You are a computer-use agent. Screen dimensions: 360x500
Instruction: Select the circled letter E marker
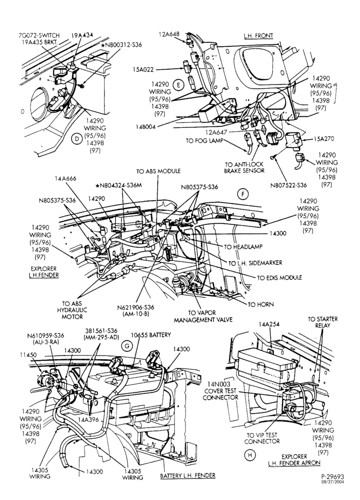tap(178, 85)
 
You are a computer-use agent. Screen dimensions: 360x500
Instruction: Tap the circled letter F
tap(243, 194)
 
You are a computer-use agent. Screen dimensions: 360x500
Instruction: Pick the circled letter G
tap(127, 346)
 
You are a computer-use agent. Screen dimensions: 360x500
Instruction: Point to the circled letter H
tap(249, 455)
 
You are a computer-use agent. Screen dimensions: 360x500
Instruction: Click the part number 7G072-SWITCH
tap(39, 35)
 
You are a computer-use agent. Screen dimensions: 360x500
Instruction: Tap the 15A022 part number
tap(143, 69)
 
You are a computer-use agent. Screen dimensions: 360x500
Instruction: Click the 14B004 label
tap(145, 126)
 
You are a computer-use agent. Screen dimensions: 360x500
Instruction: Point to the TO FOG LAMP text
tap(204, 140)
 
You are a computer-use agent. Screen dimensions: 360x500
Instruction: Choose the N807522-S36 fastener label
tap(288, 185)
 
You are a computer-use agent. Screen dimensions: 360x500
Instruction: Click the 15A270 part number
tap(323, 139)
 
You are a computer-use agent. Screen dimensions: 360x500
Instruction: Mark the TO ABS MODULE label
tap(158, 171)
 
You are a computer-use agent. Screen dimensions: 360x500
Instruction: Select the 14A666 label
tap(65, 179)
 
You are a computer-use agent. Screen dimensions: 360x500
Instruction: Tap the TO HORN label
tap(261, 304)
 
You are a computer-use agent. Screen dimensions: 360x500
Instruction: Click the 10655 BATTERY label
tap(151, 335)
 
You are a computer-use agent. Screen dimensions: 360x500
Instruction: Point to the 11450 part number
tap(28, 354)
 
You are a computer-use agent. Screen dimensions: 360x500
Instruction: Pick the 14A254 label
tap(269, 324)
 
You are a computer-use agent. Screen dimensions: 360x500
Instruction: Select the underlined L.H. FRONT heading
tap(258, 35)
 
